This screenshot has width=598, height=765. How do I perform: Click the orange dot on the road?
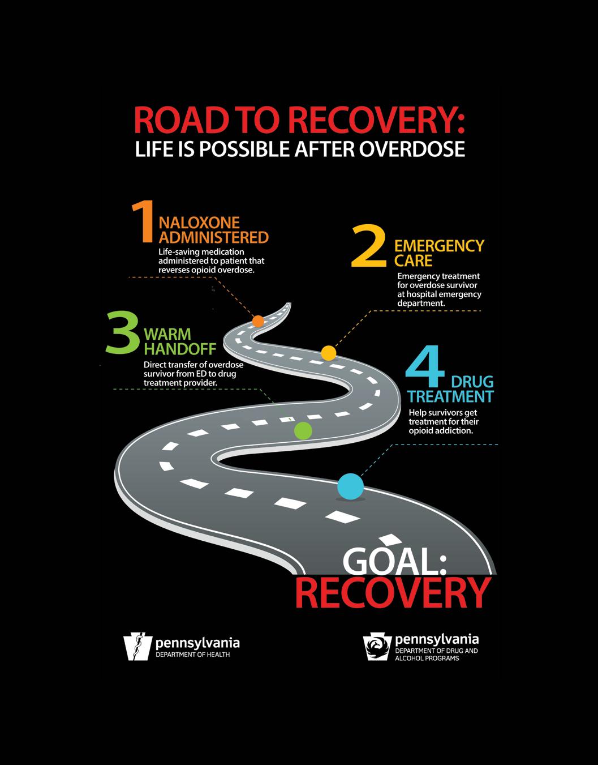258,321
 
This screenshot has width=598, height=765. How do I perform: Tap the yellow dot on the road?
329,353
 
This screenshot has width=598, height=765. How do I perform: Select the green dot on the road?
303,431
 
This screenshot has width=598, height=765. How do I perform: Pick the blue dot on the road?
351,486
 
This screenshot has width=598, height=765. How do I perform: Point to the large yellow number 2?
369,246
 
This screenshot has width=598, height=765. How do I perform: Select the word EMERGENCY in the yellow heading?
439,246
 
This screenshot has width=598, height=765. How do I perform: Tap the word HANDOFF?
172,349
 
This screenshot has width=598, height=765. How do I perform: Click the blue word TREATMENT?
451,396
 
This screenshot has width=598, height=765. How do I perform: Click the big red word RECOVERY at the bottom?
392,592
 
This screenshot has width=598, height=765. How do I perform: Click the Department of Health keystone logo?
138,647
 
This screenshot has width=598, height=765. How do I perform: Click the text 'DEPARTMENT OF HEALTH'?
193,655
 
